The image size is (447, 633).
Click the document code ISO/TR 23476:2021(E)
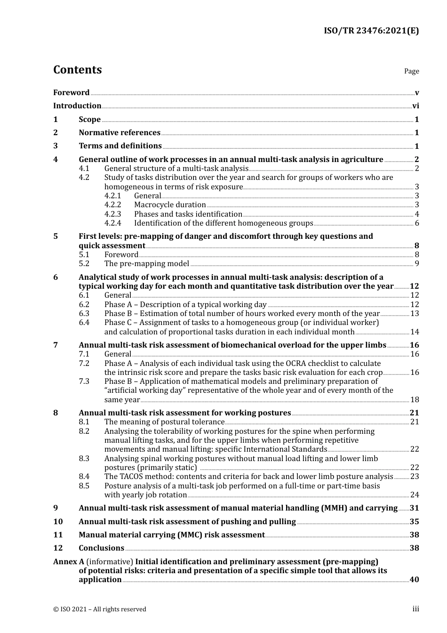(x=371, y=31)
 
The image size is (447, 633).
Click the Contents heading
(x=77, y=70)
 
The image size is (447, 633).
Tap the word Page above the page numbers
(x=411, y=71)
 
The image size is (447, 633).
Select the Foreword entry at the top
(x=71, y=93)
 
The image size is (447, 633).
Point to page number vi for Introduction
(x=415, y=106)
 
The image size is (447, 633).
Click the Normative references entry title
(x=120, y=133)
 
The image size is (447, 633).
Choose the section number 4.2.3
(x=112, y=214)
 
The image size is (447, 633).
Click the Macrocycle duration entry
(x=170, y=205)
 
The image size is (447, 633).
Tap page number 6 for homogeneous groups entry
(x=417, y=223)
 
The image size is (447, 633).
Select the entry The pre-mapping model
(x=147, y=264)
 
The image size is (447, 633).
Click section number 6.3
(x=84, y=314)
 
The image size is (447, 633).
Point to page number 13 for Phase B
(x=415, y=314)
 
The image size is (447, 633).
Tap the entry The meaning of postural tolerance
(x=164, y=422)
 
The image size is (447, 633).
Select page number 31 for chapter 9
(x=414, y=508)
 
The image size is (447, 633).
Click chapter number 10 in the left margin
(x=58, y=522)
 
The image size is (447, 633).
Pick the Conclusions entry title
(x=101, y=548)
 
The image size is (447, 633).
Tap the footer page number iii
(x=416, y=609)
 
